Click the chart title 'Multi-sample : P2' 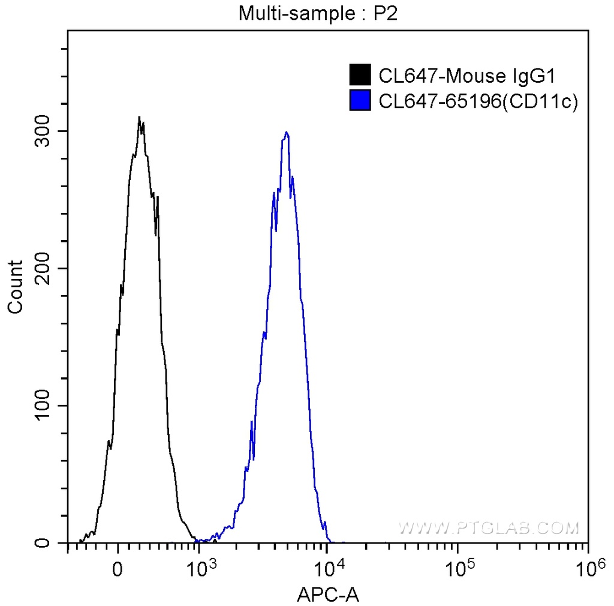point(318,13)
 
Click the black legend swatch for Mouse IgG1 point(360,76)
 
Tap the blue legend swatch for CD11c point(360,101)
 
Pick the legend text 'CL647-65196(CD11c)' point(478,101)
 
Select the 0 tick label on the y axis point(45,543)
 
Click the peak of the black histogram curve point(139,118)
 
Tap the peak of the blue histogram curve point(287,133)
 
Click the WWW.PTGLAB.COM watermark point(489,528)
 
